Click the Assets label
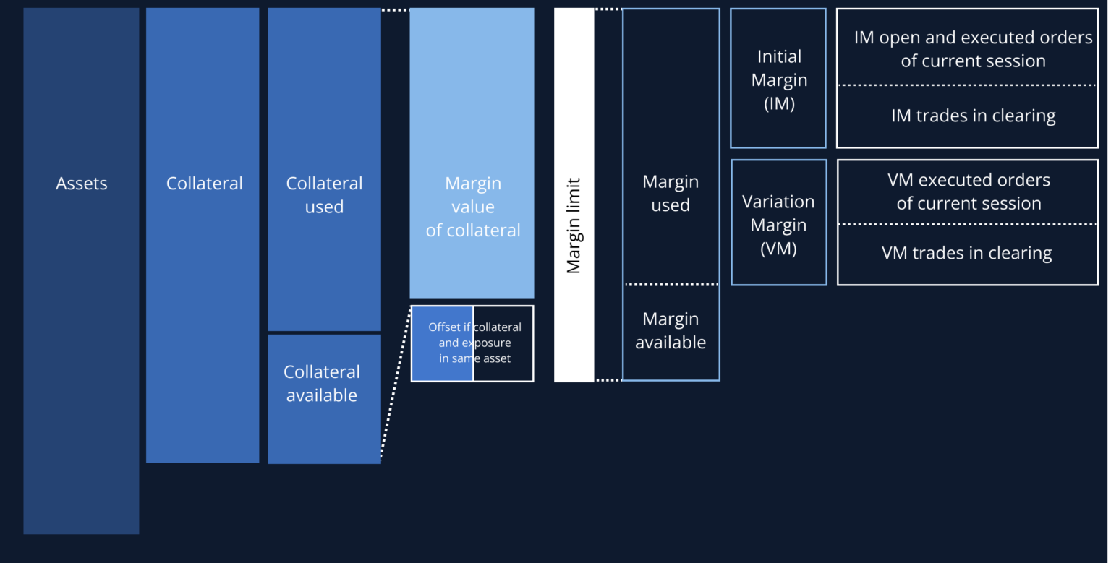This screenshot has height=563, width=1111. (82, 184)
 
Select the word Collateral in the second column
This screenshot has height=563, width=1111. (205, 184)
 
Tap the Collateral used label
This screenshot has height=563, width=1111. (324, 195)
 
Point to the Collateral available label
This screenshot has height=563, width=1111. (322, 383)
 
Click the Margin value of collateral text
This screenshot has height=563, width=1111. (473, 207)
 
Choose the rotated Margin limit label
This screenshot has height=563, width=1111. (574, 225)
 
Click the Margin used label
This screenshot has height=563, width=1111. (671, 194)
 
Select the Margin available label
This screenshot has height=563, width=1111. (671, 330)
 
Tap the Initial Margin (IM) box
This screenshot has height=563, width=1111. (778, 79)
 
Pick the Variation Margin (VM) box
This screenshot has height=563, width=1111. (778, 224)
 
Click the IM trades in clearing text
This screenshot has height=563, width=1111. (973, 116)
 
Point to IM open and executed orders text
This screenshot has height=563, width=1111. (973, 49)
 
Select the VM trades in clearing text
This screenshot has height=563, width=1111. (967, 253)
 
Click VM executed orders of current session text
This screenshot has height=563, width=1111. (969, 192)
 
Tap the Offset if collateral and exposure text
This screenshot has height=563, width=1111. (474, 343)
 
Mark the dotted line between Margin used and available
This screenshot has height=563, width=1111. (671, 284)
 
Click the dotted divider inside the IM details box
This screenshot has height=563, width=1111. (967, 85)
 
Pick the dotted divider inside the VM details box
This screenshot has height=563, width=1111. (967, 224)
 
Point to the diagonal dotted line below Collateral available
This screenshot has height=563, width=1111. (395, 383)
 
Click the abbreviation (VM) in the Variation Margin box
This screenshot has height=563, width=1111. (778, 249)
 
